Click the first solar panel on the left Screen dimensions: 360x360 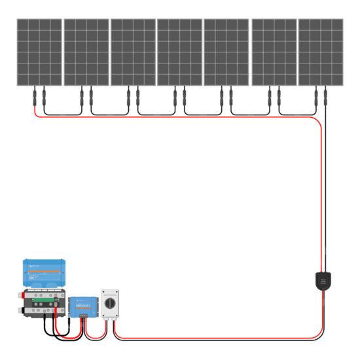39,52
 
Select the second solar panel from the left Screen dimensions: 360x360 86,52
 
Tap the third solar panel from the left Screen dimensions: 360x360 134,52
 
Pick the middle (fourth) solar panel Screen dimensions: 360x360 180,52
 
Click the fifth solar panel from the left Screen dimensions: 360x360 226,52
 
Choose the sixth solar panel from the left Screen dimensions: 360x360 274,52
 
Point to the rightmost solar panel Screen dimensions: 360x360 321,52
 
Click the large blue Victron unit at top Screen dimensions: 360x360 44,271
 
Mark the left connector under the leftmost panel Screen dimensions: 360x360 35,99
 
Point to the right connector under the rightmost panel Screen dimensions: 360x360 325,99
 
